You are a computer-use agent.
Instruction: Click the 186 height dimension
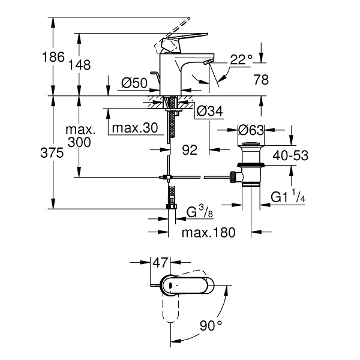(x=53, y=57)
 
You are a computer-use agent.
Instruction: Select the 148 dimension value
(x=79, y=65)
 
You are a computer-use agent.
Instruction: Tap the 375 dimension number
(x=52, y=152)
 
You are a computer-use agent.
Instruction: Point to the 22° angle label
(x=241, y=59)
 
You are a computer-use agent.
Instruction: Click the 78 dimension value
(x=261, y=80)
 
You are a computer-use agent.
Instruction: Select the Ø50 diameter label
(x=134, y=83)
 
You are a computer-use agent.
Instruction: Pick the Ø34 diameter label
(x=209, y=112)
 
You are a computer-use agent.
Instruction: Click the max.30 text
(x=135, y=128)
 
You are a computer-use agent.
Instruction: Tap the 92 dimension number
(x=190, y=150)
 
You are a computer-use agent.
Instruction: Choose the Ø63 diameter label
(x=251, y=130)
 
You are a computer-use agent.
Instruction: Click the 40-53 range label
(x=290, y=155)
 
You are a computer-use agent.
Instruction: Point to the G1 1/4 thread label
(x=288, y=197)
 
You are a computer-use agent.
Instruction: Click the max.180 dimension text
(x=208, y=232)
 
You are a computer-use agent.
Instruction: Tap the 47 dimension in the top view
(x=160, y=262)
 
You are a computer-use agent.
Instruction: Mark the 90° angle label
(x=211, y=325)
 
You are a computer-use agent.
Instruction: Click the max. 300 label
(x=80, y=136)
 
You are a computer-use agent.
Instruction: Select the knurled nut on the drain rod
(x=233, y=177)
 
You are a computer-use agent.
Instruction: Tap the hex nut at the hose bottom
(x=171, y=206)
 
